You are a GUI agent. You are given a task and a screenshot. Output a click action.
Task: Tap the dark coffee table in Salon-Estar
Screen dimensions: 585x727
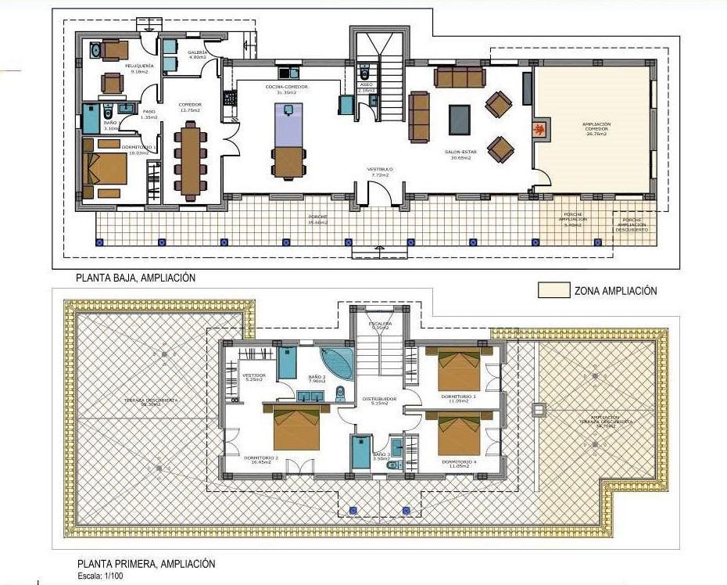point(460,120)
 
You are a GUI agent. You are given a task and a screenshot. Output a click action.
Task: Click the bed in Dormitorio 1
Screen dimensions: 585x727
point(105,168)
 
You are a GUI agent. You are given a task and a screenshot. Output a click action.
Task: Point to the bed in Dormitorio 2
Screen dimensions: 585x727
point(296,427)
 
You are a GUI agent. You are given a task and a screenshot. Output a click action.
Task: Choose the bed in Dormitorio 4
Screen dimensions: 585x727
point(459,434)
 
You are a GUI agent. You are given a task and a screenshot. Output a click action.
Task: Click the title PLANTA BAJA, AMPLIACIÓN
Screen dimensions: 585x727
point(135,278)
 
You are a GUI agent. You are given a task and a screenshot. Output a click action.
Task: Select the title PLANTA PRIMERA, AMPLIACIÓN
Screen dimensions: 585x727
point(145,563)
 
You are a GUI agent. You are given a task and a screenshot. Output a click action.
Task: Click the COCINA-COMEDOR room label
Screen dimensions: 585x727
point(286,88)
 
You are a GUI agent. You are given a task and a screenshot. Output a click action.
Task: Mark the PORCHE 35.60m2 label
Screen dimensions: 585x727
point(317,219)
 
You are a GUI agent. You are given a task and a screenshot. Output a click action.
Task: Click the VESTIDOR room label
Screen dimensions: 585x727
point(255,376)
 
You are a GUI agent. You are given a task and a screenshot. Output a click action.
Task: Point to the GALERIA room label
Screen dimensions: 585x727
point(197,53)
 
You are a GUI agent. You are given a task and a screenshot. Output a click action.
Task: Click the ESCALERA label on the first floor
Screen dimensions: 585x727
point(380,324)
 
